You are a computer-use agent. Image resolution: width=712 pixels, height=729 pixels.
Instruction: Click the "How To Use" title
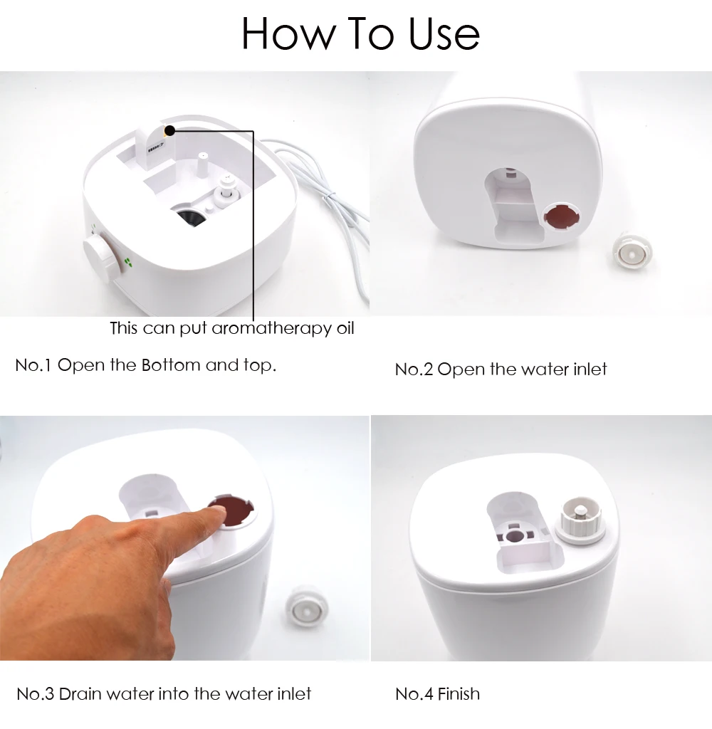[360, 33]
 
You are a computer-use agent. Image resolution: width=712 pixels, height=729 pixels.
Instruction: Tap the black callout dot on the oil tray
[169, 131]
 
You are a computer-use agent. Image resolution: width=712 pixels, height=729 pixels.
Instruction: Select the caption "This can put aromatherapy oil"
[231, 328]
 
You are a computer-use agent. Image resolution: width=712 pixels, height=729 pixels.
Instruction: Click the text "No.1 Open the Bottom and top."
[145, 365]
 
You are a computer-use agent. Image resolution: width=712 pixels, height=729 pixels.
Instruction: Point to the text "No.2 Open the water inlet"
[501, 369]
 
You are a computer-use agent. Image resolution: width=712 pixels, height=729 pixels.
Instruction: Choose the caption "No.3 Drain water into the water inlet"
[164, 694]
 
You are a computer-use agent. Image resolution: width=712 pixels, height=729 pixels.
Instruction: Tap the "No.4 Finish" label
[437, 694]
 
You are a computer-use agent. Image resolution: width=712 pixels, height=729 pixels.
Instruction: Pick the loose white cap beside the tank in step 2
[632, 253]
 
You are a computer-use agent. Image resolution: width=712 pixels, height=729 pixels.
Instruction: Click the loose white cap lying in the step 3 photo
[306, 607]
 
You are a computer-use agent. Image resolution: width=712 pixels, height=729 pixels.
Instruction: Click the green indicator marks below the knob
[129, 262]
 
